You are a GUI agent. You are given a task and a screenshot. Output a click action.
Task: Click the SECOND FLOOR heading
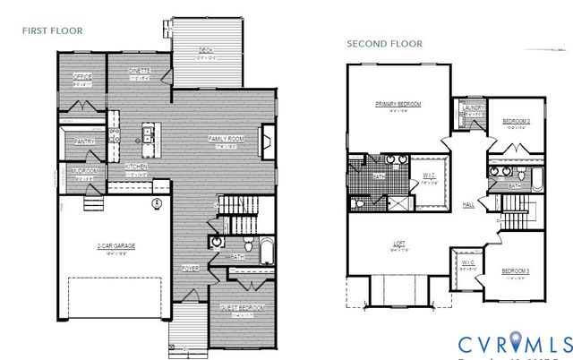coord(384,44)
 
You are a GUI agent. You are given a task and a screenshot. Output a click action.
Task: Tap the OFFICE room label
coord(83,76)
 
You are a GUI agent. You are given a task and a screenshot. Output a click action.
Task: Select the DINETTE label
coord(139,70)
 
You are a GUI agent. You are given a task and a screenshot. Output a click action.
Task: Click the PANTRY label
coord(85,141)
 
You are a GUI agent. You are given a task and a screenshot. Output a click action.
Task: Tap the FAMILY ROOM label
coord(227,138)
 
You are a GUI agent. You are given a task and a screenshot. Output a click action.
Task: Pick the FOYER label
coord(190,266)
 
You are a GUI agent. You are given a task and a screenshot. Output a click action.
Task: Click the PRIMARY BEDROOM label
coord(398,104)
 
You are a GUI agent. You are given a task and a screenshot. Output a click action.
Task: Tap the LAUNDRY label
coord(474,108)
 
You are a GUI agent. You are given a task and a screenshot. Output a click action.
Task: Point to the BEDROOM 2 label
coord(516,121)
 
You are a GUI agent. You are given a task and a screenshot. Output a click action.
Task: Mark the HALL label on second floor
coord(469,204)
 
